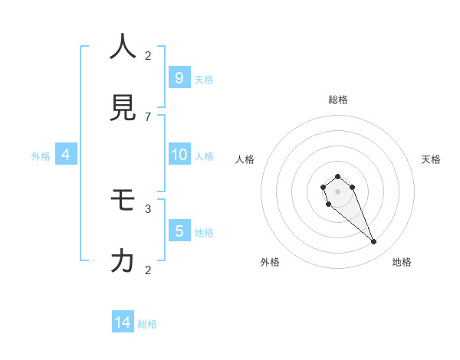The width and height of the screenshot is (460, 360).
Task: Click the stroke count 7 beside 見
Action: pyautogui.click(x=148, y=116)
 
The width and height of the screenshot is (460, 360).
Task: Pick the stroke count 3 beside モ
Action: pyautogui.click(x=148, y=208)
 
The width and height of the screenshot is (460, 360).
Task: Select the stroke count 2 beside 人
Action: pyautogui.click(x=148, y=55)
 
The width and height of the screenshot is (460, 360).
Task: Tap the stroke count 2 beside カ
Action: pyautogui.click(x=148, y=270)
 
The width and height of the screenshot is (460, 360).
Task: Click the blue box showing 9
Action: pyautogui.click(x=179, y=77)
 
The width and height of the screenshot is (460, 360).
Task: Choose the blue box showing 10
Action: pyautogui.click(x=179, y=155)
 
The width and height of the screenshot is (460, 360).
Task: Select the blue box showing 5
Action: pyautogui.click(x=179, y=231)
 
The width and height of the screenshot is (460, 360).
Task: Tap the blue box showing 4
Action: pyautogui.click(x=66, y=155)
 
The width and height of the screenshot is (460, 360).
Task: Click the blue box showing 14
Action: pyautogui.click(x=123, y=322)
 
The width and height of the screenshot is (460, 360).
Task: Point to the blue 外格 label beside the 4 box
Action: pyautogui.click(x=41, y=156)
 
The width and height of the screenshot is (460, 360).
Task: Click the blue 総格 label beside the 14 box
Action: pyautogui.click(x=147, y=324)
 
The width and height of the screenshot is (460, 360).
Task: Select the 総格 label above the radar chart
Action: pyautogui.click(x=338, y=100)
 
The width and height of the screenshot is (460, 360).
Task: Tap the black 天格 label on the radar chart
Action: pyautogui.click(x=431, y=159)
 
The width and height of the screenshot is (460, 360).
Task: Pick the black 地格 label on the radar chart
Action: pyautogui.click(x=402, y=262)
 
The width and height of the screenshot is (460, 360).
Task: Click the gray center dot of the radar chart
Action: pyautogui.click(x=337, y=191)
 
